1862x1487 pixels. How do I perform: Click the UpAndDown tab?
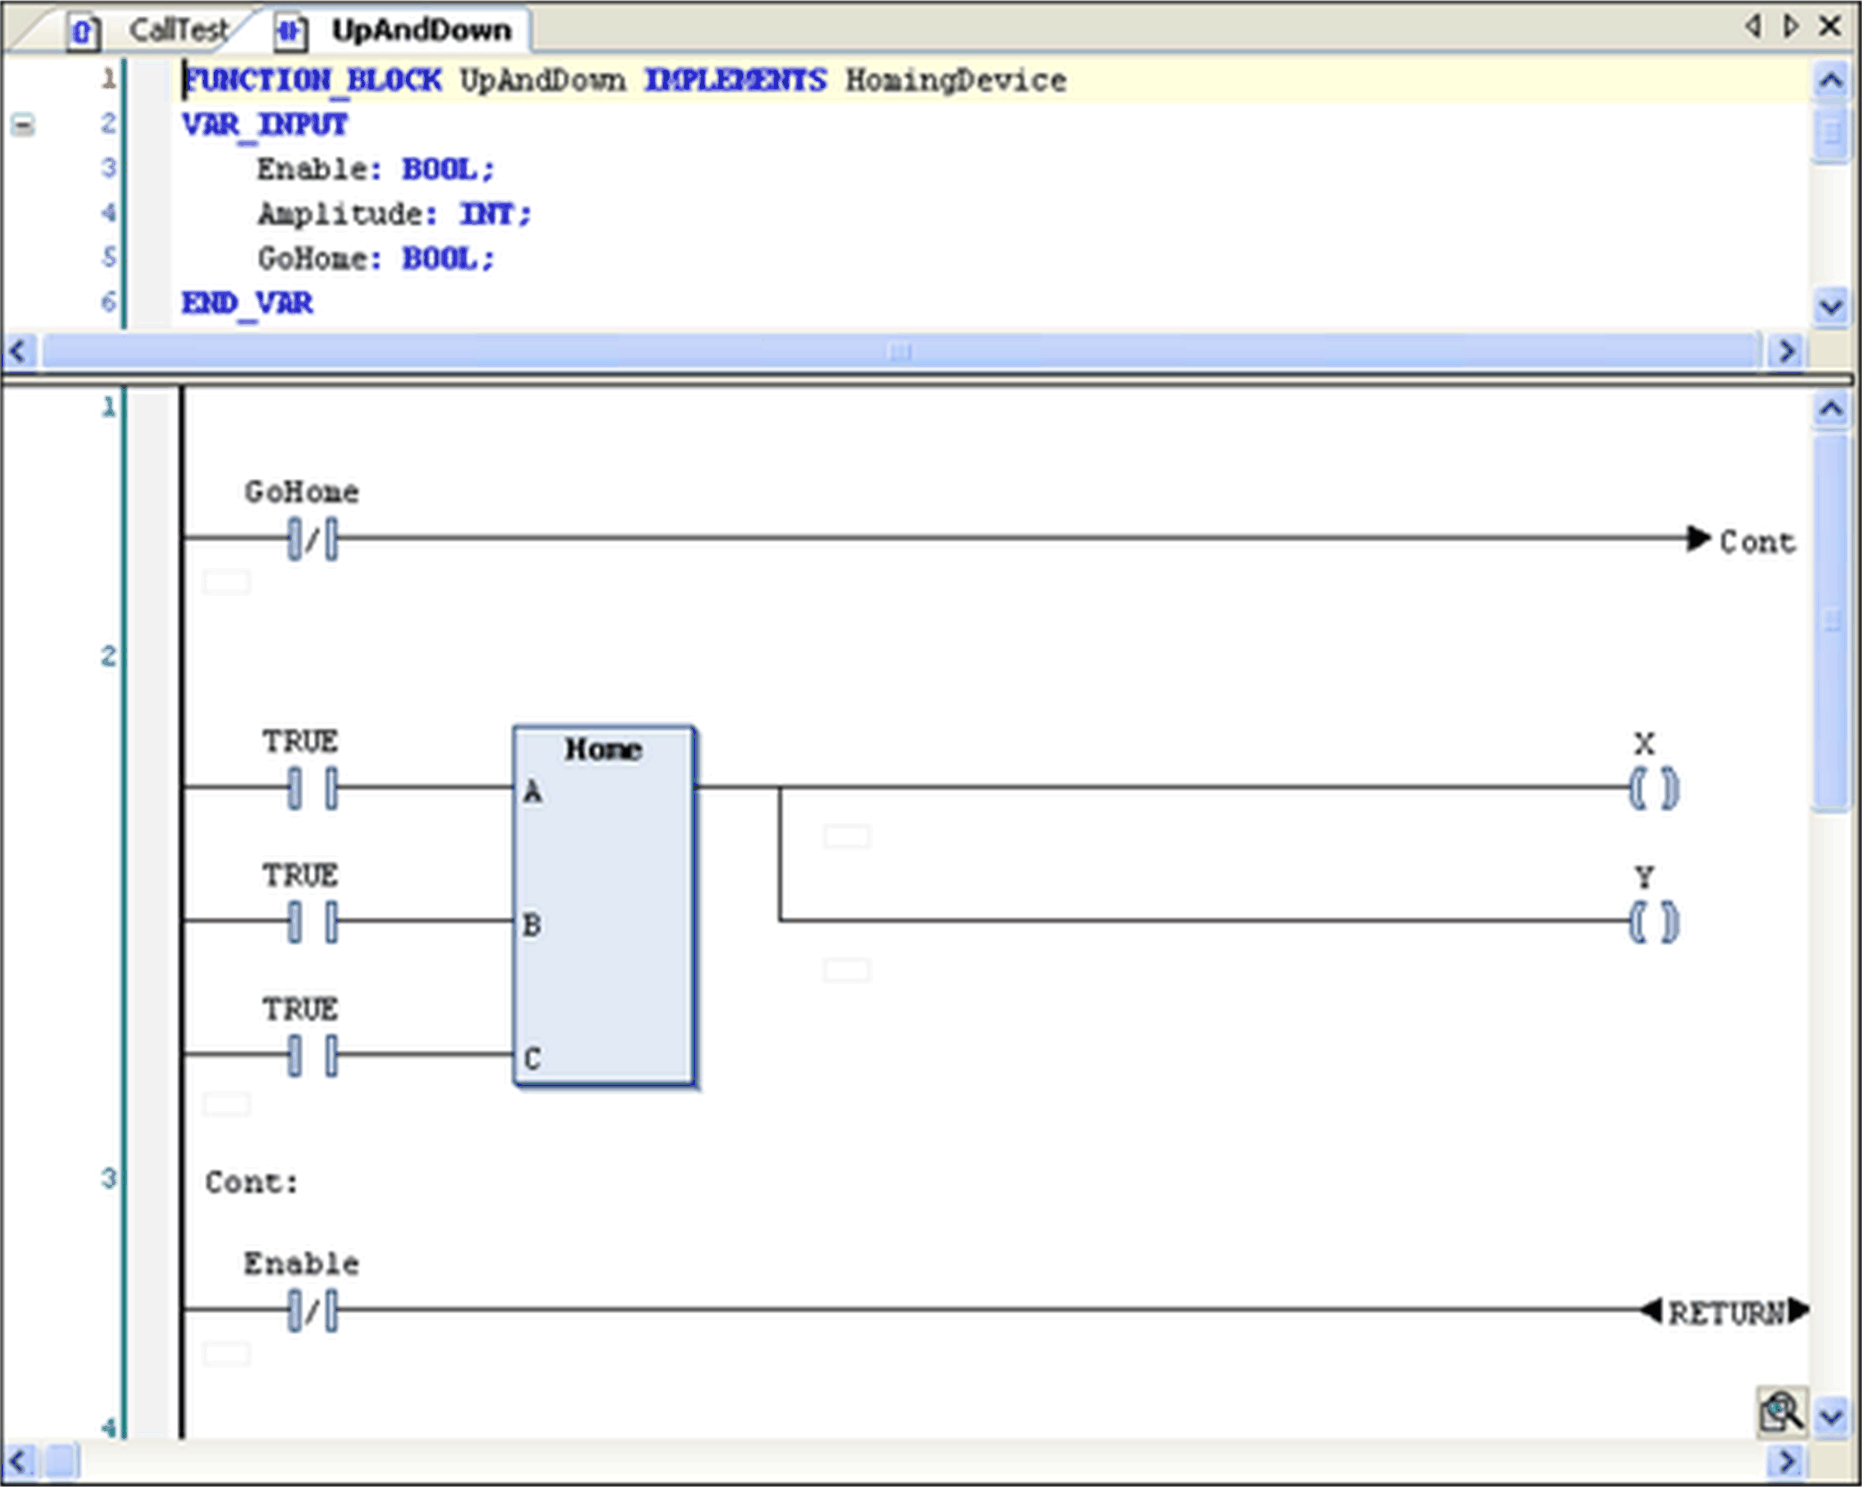click(x=421, y=31)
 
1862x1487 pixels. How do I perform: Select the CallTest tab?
click(x=177, y=31)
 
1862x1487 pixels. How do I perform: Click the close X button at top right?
click(x=1830, y=27)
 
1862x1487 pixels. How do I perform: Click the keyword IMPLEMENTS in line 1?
click(x=735, y=80)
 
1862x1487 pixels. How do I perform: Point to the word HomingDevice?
click(x=955, y=80)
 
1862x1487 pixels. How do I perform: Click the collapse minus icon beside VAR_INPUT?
click(x=23, y=126)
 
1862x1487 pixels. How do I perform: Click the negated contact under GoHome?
click(x=313, y=539)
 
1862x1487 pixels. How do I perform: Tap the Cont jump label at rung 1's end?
click(x=1756, y=542)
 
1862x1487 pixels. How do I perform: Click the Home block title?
click(x=602, y=749)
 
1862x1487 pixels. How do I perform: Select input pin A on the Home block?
click(x=532, y=791)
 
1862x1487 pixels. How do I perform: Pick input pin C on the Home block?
click(x=532, y=1058)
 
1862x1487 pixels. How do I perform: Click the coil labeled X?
click(x=1653, y=788)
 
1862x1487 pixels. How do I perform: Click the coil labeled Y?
click(x=1653, y=922)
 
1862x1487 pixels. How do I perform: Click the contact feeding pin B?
click(x=313, y=920)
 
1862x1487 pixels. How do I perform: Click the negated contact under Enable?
click(x=313, y=1310)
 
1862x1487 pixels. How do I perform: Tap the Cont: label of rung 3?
click(x=251, y=1182)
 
